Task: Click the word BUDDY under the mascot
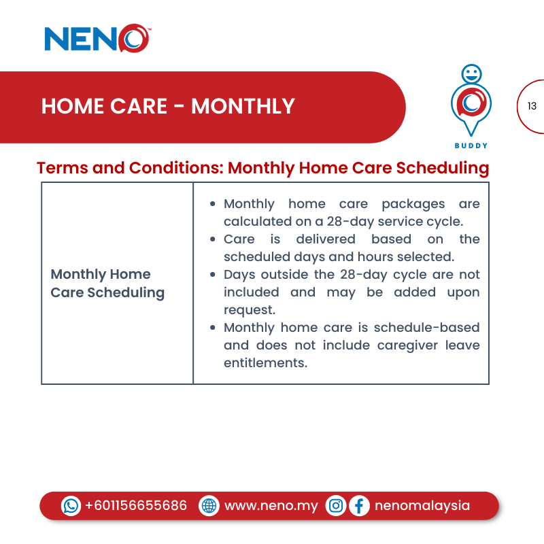click(471, 146)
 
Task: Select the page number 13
click(532, 106)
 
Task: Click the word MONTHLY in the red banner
click(243, 107)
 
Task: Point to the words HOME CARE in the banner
click(104, 107)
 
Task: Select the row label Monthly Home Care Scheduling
click(107, 284)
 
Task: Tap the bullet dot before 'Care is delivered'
click(214, 239)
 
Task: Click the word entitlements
click(265, 363)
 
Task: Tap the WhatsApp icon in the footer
click(71, 506)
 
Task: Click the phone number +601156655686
click(136, 506)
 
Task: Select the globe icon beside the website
click(209, 506)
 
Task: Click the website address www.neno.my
click(271, 506)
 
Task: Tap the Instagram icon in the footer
click(336, 506)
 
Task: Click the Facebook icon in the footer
click(359, 506)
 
